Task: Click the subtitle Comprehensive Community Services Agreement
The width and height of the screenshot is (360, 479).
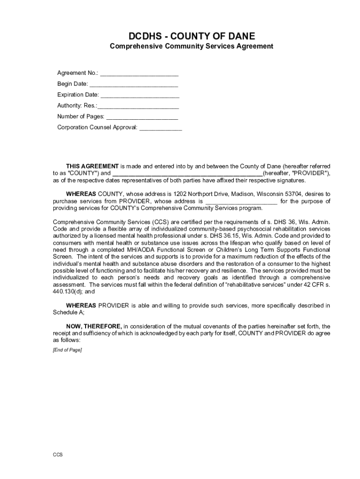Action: [191, 46]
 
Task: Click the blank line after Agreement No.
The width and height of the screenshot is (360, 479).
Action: [139, 74]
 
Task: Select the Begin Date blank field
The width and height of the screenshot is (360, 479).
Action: [133, 85]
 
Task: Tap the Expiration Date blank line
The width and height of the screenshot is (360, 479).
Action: [140, 95]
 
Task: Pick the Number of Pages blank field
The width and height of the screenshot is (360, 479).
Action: [142, 117]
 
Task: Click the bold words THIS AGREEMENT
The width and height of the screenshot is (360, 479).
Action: [92, 166]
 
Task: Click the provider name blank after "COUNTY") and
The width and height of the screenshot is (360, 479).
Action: [187, 174]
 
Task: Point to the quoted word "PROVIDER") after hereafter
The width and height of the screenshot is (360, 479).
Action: [311, 173]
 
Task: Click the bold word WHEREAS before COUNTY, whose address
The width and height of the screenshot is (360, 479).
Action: [81, 194]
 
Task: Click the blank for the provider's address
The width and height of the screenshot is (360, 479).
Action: [241, 202]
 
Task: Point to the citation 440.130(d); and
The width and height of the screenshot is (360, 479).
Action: [74, 291]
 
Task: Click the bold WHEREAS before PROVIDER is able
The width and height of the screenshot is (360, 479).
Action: [81, 305]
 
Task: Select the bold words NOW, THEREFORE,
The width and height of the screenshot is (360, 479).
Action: [94, 326]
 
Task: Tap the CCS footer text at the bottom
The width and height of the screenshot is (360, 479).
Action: [58, 455]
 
